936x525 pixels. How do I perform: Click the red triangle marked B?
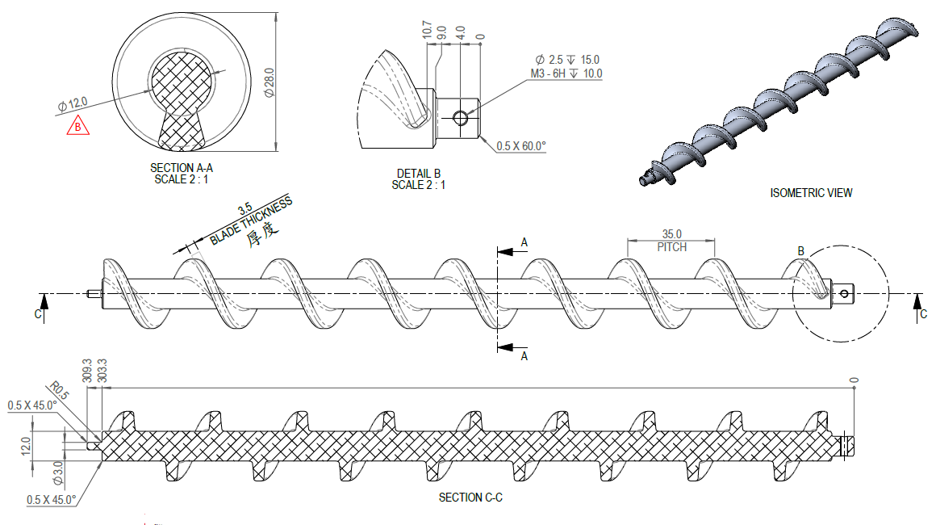coord(77,127)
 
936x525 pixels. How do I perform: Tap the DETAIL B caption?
coord(418,174)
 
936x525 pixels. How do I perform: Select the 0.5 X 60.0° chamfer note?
coord(521,146)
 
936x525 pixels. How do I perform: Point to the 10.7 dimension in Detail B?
coord(427,31)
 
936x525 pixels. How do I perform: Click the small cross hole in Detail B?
coord(461,119)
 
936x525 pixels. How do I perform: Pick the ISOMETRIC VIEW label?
coord(811,193)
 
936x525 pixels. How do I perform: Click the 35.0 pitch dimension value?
coord(671,234)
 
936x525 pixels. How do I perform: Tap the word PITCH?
coord(671,247)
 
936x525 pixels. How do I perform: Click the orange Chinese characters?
coord(262,235)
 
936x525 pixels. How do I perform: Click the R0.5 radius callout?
coord(63,396)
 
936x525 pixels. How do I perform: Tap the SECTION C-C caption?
coord(470,498)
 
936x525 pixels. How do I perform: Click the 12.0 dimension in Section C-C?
coord(26,444)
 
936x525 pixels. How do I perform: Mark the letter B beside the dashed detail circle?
coord(801,251)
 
